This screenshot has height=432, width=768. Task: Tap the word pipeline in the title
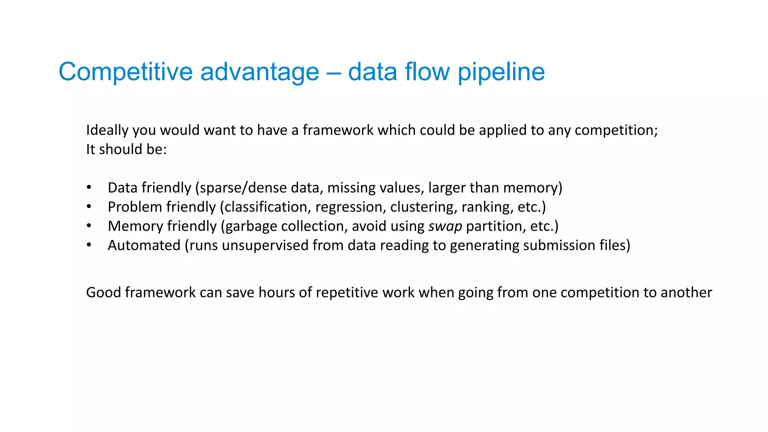click(x=501, y=72)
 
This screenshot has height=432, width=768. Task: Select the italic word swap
click(x=445, y=226)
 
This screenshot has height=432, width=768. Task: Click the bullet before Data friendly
click(x=89, y=187)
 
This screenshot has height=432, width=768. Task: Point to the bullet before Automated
click(x=89, y=245)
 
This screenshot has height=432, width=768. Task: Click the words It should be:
click(x=126, y=149)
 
